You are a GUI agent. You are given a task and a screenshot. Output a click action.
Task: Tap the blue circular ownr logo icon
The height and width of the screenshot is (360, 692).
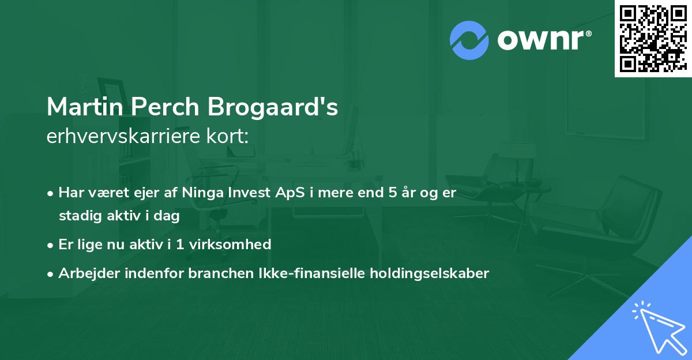pyautogui.click(x=469, y=40)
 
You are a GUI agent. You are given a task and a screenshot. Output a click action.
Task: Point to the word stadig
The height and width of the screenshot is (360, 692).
pyautogui.click(x=78, y=216)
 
